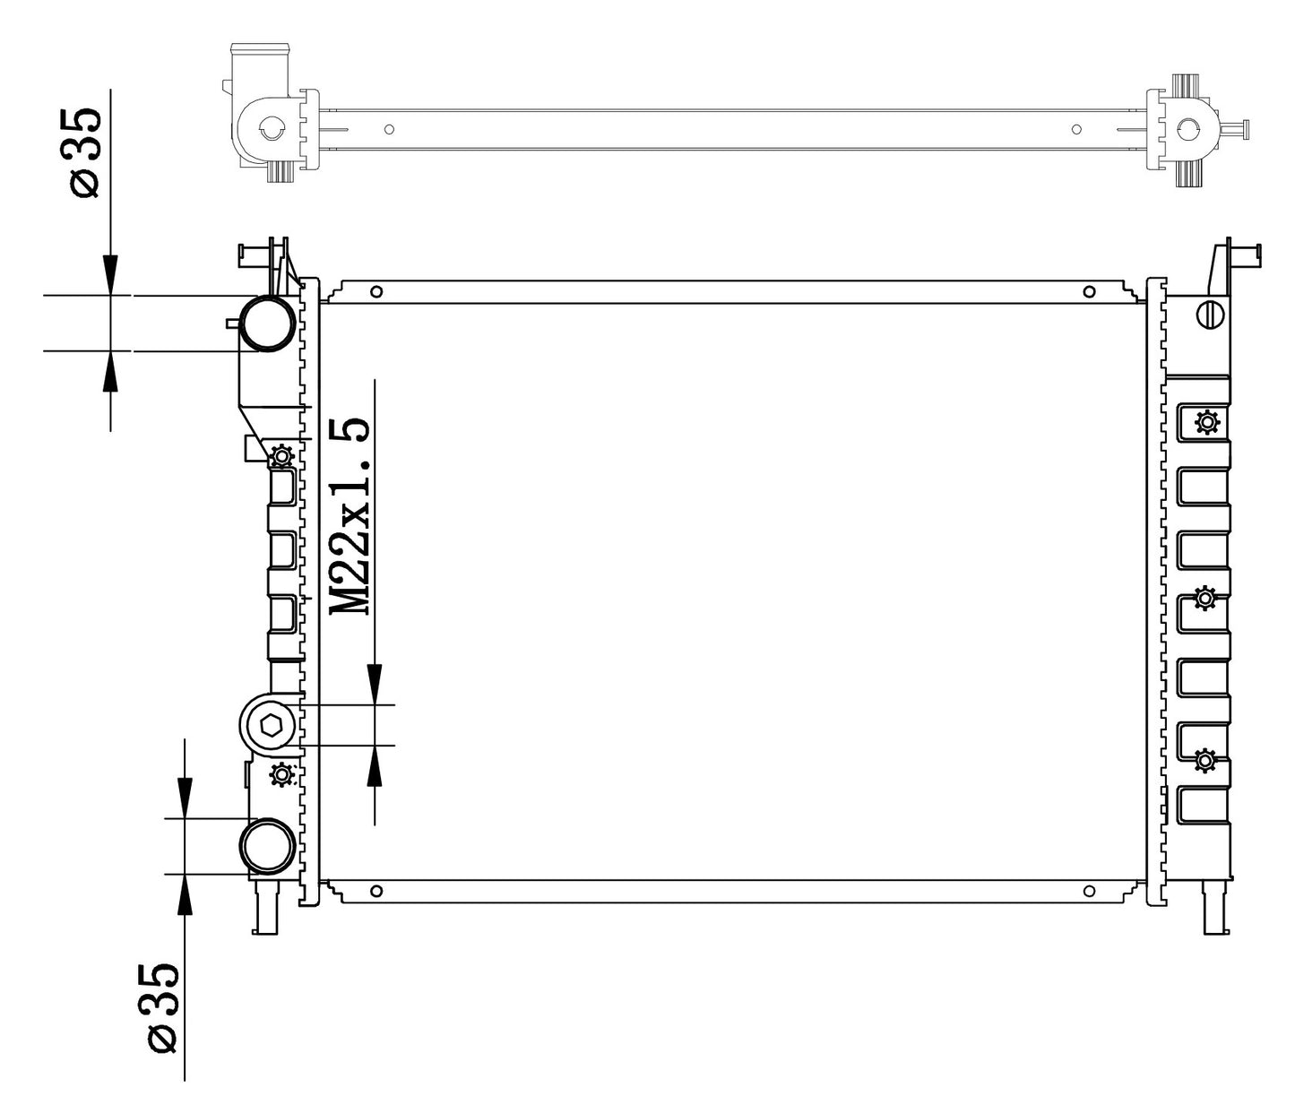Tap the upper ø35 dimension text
coord(84,153)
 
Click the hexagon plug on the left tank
coord(272,726)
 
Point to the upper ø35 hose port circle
coord(269,324)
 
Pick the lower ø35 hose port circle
coord(268,846)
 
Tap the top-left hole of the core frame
coord(376,292)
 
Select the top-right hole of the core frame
coord(1089,292)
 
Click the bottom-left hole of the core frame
coord(376,891)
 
